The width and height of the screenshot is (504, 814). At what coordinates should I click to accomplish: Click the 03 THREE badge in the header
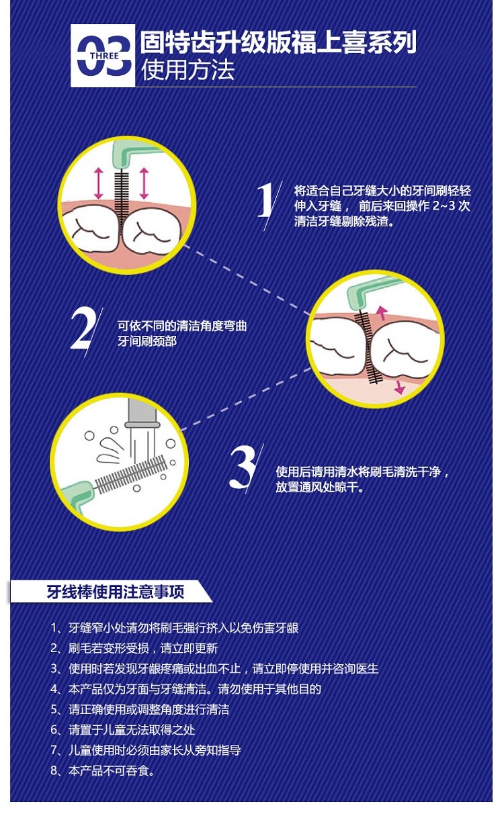[103, 56]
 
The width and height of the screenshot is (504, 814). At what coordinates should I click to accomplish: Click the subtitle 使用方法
[188, 70]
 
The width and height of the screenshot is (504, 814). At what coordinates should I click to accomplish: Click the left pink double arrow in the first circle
[99, 183]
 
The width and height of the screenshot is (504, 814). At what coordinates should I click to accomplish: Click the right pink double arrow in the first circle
[144, 183]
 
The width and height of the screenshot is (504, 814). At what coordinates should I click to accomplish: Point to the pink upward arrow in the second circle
[381, 312]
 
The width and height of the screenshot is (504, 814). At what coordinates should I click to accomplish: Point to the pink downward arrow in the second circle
[399, 387]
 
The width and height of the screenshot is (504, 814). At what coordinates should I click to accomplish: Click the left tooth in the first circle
[91, 228]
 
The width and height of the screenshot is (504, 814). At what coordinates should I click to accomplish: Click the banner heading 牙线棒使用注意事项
[116, 592]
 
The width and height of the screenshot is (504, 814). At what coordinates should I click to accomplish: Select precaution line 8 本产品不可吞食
[102, 770]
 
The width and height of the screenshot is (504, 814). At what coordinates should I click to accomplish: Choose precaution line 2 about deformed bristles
[134, 648]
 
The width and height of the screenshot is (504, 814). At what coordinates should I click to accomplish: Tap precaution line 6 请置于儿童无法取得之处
[122, 729]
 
